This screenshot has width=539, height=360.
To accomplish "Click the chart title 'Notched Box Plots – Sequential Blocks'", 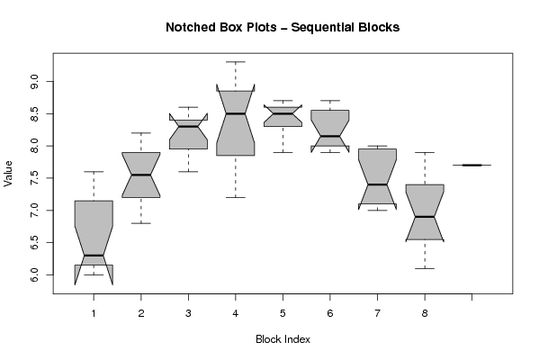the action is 283,27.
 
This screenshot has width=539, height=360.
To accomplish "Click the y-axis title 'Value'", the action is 8,174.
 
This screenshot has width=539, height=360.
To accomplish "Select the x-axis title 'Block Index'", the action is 283,339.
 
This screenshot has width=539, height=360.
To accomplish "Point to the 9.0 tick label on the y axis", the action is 34,82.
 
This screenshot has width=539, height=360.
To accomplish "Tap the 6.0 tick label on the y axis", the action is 34,274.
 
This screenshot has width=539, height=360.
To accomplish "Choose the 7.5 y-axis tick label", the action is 34,178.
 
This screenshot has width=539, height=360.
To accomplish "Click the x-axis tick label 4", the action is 236,313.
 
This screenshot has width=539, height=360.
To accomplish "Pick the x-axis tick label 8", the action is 425,313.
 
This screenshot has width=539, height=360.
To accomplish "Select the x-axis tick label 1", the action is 94,313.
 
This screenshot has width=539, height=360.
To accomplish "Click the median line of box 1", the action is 94,256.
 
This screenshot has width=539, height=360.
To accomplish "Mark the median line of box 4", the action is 236,113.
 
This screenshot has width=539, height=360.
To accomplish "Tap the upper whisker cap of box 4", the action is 236,62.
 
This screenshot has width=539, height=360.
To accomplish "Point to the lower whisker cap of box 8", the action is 425,268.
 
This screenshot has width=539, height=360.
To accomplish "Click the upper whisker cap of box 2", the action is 141,132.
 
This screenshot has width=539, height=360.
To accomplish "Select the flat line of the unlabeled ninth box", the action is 472,165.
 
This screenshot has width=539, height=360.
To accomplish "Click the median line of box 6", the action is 330,136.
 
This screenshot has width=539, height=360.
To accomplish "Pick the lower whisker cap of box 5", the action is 283,152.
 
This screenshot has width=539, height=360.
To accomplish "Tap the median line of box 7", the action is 377,184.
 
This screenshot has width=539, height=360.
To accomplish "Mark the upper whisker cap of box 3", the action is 188,107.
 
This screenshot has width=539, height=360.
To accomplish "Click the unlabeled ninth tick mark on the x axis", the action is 472,297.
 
